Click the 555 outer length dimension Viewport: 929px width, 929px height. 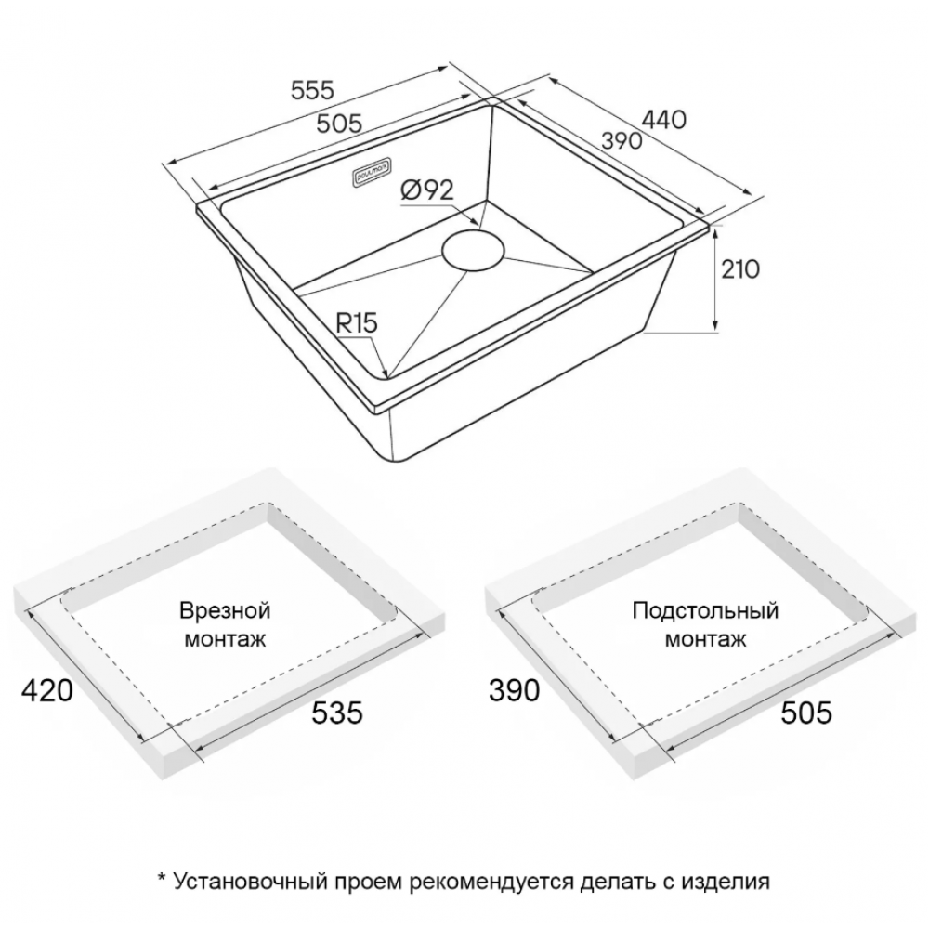click(x=313, y=90)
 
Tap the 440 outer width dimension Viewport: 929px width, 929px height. click(x=664, y=120)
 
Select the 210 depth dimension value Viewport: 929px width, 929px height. click(x=740, y=269)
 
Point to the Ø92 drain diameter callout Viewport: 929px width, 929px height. click(x=427, y=190)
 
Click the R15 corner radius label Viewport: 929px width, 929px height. click(x=356, y=323)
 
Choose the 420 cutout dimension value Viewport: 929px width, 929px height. click(x=47, y=690)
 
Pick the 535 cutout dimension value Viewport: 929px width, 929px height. click(x=336, y=713)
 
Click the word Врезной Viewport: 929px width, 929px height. click(x=225, y=610)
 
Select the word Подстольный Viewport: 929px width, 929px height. click(x=705, y=610)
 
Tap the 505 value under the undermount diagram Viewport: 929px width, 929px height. click(x=806, y=713)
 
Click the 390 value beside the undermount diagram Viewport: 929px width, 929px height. click(x=515, y=690)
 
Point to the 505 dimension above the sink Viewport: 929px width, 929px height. click(x=339, y=124)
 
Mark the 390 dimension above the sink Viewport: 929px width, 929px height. click(x=622, y=141)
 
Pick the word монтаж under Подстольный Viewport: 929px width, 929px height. click(x=705, y=639)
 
